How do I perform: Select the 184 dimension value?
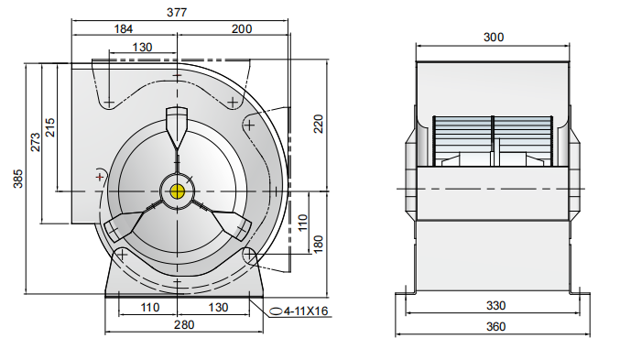pos(123,29)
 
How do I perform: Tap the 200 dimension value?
pos(242,29)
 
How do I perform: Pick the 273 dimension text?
pos(36,141)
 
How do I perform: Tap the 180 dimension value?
pos(319,245)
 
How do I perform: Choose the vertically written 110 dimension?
pos(302,224)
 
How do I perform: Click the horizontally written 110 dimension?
pos(148,310)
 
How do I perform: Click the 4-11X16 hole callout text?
pos(306,311)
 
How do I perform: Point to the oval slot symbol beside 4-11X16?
pos(274,311)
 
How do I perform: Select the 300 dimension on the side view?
pos(494,38)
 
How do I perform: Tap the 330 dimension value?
pos(494,305)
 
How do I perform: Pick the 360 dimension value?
pos(494,327)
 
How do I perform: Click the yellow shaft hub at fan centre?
pos(177,191)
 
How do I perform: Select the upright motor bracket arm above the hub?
pos(177,128)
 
